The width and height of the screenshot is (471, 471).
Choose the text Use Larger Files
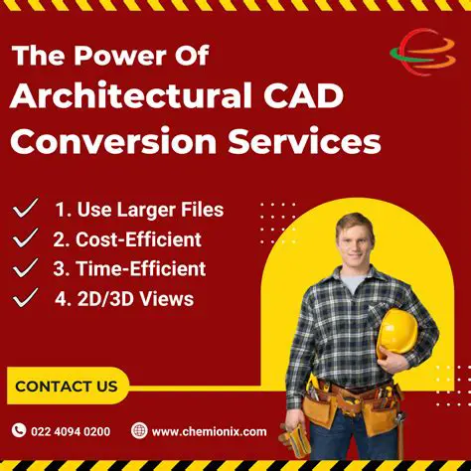(138, 210)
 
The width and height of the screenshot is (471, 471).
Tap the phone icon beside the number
(19, 430)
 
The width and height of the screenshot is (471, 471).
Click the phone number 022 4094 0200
(71, 431)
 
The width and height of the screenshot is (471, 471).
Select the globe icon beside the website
(139, 430)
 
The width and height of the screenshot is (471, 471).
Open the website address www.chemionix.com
(209, 431)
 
